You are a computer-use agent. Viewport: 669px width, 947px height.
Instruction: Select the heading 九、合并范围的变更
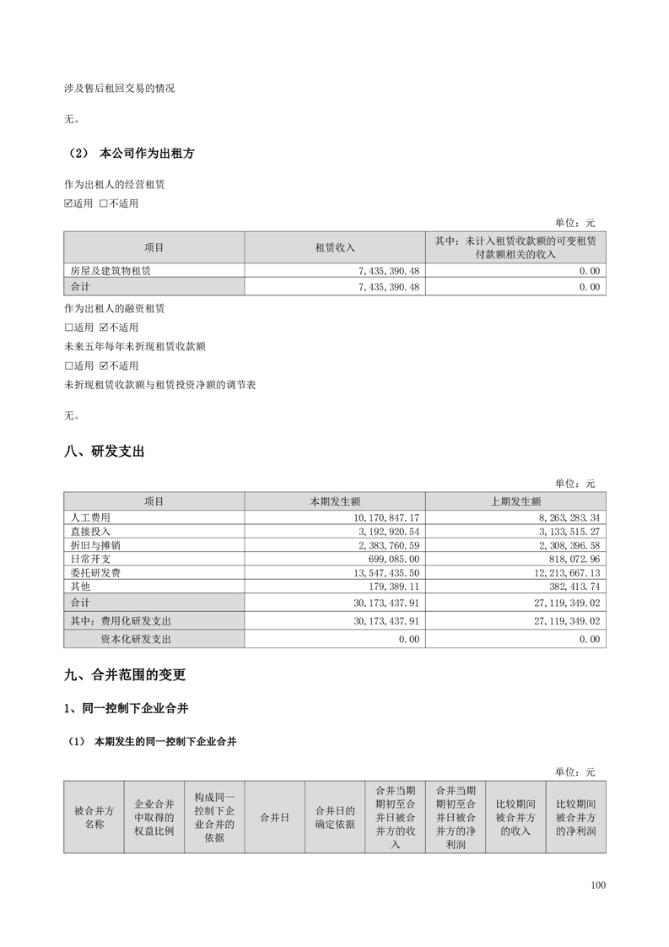(x=124, y=675)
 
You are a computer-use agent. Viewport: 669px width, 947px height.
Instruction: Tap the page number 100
(x=598, y=885)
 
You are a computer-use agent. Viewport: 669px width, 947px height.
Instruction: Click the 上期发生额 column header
(x=515, y=501)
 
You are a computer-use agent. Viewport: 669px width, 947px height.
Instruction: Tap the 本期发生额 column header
(x=335, y=501)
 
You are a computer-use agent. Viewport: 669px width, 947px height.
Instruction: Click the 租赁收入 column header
(x=335, y=248)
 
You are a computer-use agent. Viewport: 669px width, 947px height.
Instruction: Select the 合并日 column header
(x=274, y=817)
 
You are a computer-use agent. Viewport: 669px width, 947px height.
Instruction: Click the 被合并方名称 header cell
(x=94, y=817)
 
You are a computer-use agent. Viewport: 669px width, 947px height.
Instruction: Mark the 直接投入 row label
(x=90, y=531)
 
